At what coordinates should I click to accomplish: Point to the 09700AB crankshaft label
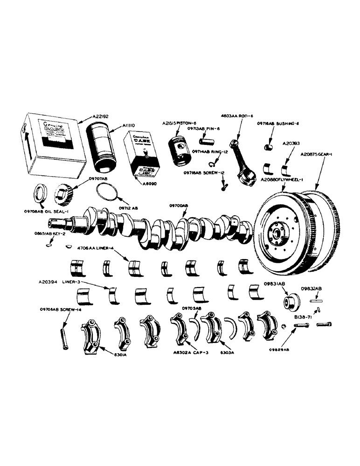point(179,206)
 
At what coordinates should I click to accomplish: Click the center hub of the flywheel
point(277,232)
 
